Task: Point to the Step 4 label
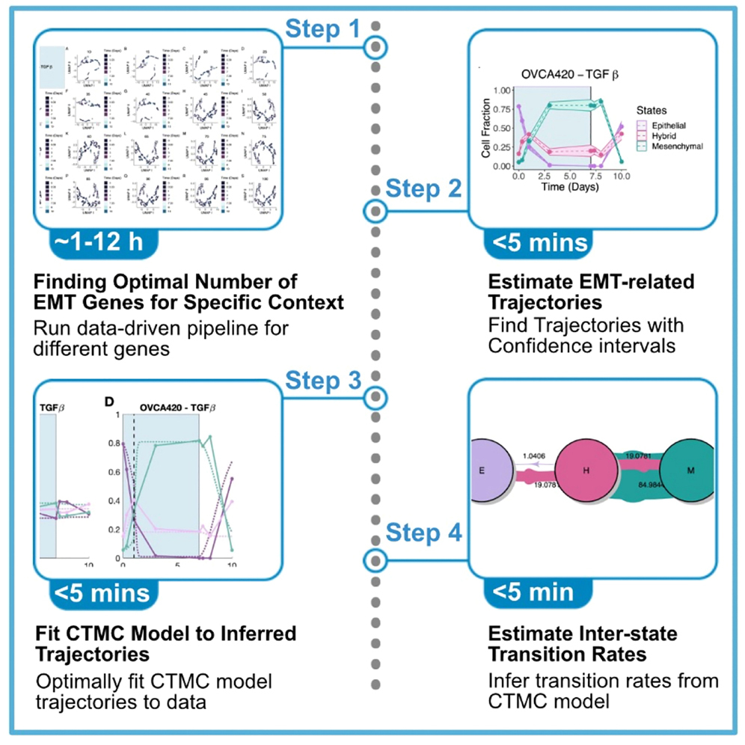423,534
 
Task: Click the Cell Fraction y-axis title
485,126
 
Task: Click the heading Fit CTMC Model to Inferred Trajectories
166,643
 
